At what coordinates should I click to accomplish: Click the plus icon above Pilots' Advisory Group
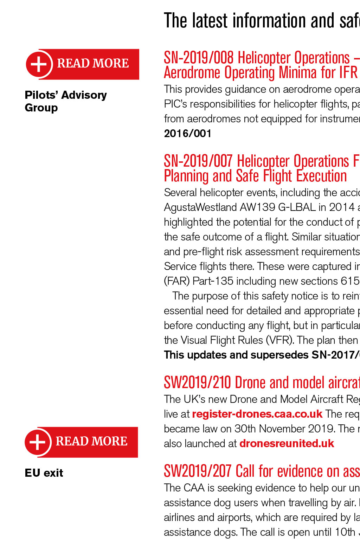(39, 64)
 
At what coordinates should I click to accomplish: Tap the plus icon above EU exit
(37, 442)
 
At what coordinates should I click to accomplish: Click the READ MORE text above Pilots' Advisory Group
(93, 63)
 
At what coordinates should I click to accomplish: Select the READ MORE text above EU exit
(91, 441)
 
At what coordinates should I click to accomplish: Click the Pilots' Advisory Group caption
(65, 101)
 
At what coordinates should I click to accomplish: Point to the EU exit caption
(44, 473)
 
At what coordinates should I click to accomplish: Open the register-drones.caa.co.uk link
(257, 414)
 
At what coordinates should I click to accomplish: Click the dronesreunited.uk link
(287, 443)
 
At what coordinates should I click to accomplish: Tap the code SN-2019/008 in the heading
(199, 58)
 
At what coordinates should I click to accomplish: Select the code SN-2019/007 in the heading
(198, 161)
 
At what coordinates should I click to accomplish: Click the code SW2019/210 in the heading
(197, 383)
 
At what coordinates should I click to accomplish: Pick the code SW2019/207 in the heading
(197, 471)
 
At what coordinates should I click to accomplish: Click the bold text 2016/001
(188, 134)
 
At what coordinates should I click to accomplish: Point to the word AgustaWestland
(200, 207)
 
